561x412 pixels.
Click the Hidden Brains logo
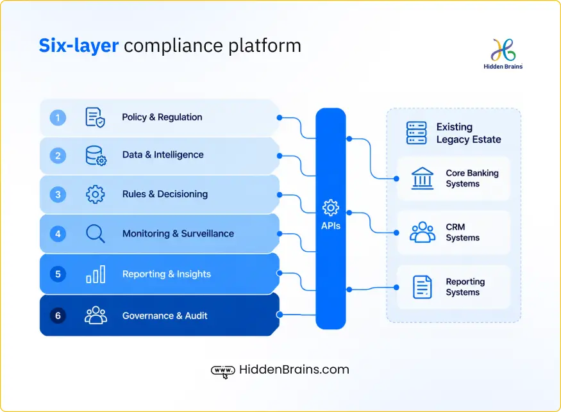tap(503, 54)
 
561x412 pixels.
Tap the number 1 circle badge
tap(58, 118)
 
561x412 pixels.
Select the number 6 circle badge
tap(58, 316)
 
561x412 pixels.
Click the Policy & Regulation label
tap(162, 117)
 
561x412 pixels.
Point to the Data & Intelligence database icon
tap(96, 156)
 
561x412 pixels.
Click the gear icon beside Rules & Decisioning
tap(95, 195)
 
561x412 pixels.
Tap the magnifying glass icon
tap(95, 233)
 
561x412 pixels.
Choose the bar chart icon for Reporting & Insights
tap(96, 274)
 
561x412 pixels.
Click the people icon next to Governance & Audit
tap(96, 315)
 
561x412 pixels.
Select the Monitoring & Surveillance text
tap(178, 233)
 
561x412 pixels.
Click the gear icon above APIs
tap(331, 208)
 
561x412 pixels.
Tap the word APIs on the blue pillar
tap(331, 226)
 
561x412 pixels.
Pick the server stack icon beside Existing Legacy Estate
tap(417, 133)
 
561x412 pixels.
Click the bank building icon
tap(422, 178)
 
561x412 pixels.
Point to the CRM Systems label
tap(463, 233)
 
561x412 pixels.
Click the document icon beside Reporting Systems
tap(422, 287)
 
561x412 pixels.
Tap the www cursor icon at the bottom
tap(223, 371)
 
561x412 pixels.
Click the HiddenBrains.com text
tap(294, 370)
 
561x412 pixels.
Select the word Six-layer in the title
tap(79, 45)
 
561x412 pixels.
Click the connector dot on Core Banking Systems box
tap(396, 179)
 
